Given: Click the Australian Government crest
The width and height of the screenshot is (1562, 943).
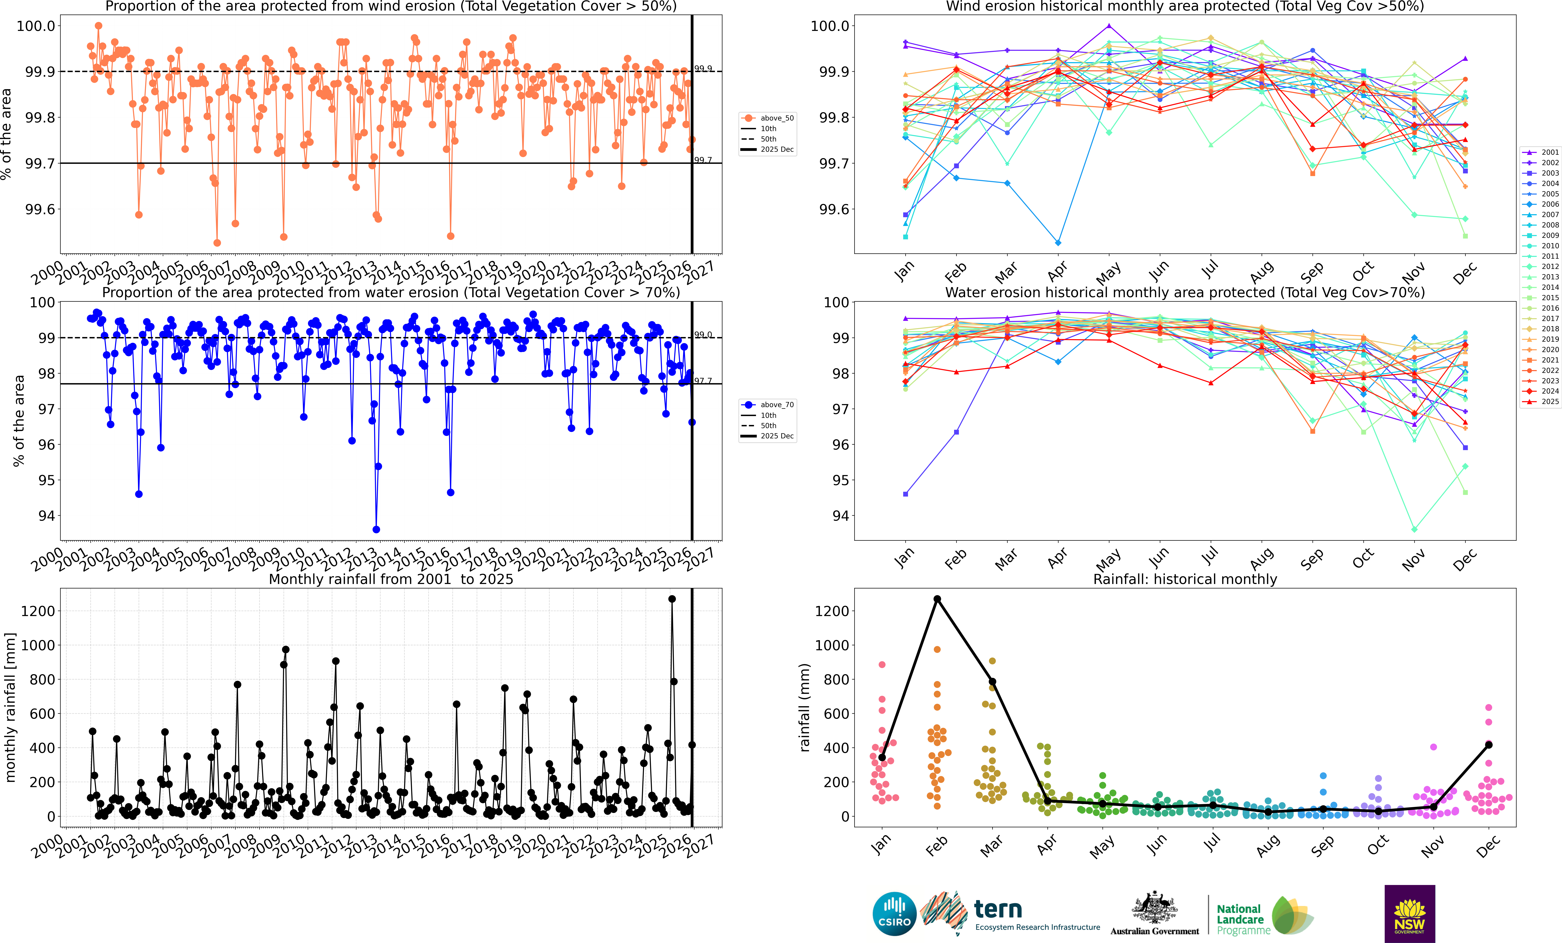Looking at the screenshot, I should (1154, 908).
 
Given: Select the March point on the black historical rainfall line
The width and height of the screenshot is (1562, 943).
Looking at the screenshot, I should (992, 682).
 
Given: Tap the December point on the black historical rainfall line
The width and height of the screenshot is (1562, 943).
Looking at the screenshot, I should (1488, 744).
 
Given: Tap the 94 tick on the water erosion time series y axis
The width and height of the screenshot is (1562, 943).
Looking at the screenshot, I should (47, 516).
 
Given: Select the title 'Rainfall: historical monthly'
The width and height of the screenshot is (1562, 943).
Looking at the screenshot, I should (1185, 579).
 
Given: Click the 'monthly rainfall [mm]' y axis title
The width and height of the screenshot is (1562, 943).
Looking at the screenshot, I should (10, 707).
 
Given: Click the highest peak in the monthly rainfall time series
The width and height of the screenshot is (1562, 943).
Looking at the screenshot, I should (672, 599).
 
